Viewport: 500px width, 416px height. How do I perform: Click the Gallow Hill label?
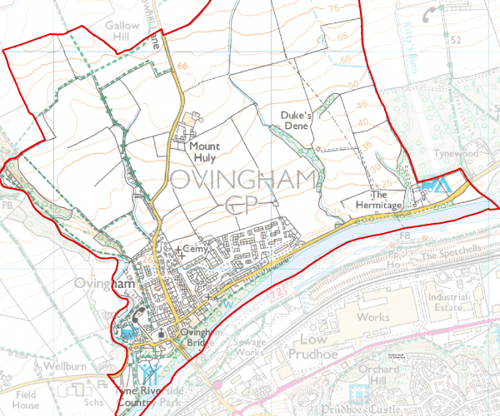coord(122,32)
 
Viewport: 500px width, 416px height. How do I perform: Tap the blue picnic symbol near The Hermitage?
coord(434,186)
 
